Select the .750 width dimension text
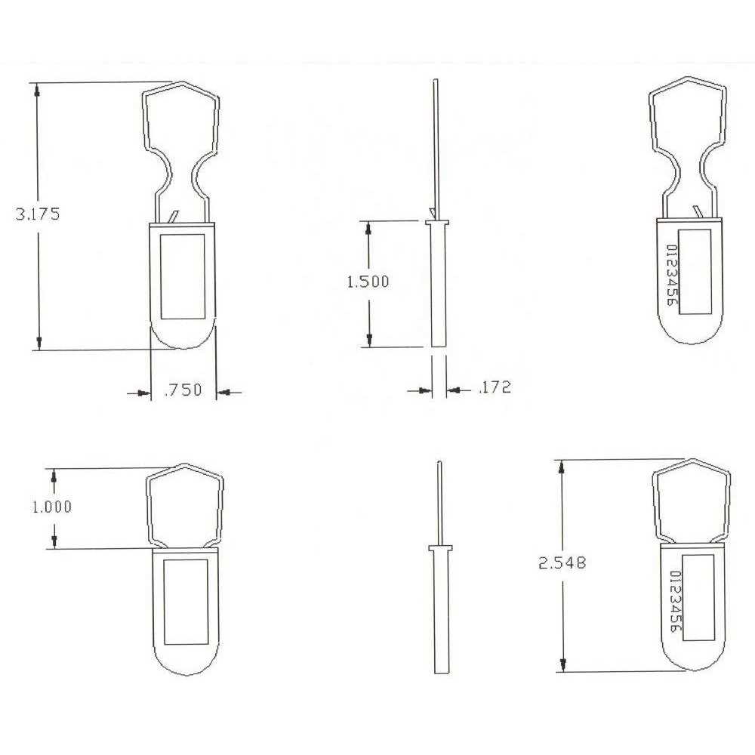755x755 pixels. click(x=183, y=390)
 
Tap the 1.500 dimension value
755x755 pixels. click(x=368, y=282)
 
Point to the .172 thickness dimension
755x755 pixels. click(x=495, y=388)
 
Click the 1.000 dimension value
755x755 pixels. click(x=51, y=507)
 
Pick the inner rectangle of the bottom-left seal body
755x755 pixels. click(x=186, y=602)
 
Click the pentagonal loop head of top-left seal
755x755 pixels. click(x=182, y=113)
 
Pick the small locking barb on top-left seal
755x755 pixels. click(x=175, y=217)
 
